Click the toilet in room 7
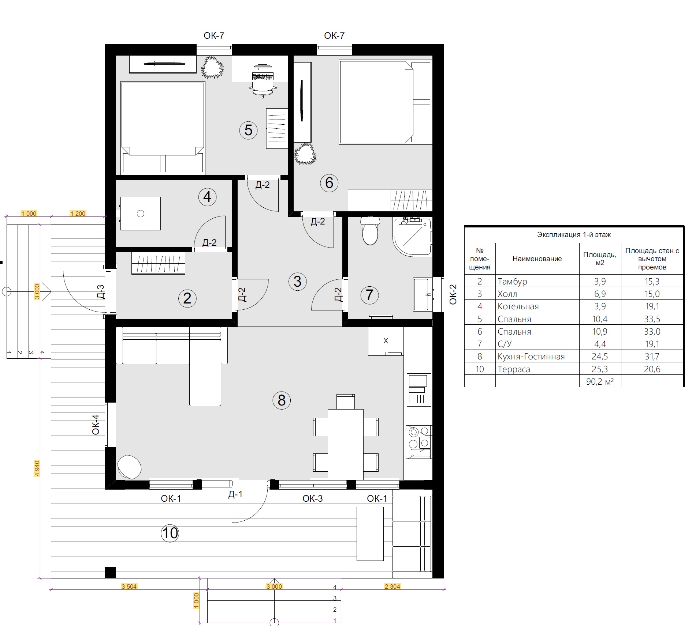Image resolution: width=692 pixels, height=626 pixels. point(370,230)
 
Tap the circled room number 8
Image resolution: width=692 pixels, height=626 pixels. point(282,400)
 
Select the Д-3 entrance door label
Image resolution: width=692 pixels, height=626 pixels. point(100,292)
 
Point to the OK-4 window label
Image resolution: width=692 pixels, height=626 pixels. point(96,425)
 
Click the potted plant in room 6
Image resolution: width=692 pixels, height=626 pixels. point(305,154)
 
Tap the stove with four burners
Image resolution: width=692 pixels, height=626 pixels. point(419,442)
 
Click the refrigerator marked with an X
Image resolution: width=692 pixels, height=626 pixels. point(386,341)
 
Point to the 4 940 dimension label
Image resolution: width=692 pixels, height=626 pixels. point(37,468)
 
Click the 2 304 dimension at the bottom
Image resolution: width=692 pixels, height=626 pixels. point(392,587)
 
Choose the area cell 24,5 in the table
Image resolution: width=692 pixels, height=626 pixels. point(600,357)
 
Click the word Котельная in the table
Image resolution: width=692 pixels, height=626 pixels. point(518,306)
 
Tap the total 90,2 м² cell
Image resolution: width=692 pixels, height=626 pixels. point(600,381)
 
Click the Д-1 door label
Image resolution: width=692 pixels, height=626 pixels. point(235,494)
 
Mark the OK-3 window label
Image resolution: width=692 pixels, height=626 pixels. point(313,498)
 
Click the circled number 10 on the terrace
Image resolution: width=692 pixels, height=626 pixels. point(170,533)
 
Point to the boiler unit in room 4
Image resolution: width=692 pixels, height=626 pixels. point(140,214)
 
